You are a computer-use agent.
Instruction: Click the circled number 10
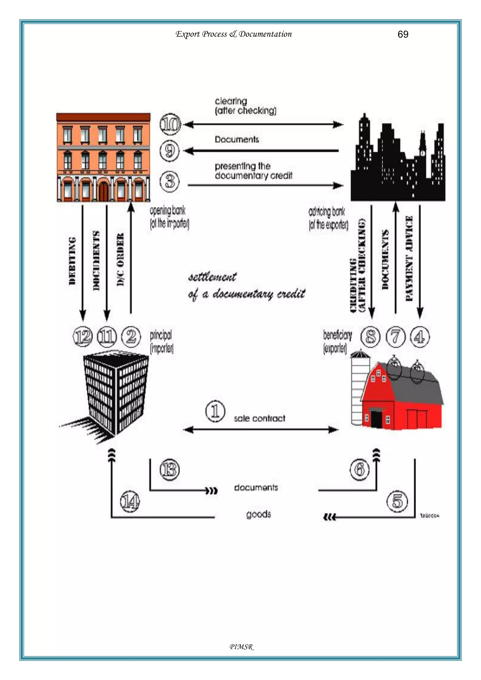point(170,124)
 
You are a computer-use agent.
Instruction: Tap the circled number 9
point(170,151)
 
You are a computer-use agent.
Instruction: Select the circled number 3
point(170,181)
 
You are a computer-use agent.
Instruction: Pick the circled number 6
point(360,469)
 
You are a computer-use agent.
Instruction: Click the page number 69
point(403,34)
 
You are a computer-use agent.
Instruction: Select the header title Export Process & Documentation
point(233,34)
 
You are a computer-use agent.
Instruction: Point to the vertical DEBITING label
point(72,261)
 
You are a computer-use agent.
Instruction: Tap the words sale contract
point(260,418)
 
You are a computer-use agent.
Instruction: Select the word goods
point(258,515)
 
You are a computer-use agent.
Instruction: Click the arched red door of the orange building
point(103,191)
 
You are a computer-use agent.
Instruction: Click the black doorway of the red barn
point(376,419)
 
